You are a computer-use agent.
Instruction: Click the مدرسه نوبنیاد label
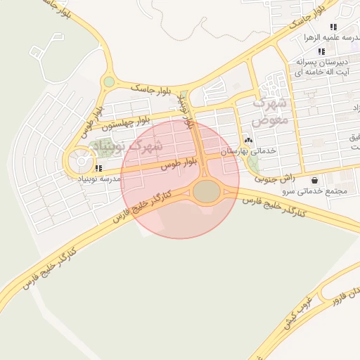tap(100, 179)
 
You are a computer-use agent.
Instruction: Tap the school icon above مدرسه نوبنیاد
tap(98, 169)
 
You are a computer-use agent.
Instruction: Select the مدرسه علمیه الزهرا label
tap(330, 37)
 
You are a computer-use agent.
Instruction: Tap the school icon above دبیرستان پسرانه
tap(321, 51)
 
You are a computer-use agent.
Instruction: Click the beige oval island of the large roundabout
tap(207, 191)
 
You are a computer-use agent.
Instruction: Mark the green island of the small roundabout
tap(108, 82)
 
